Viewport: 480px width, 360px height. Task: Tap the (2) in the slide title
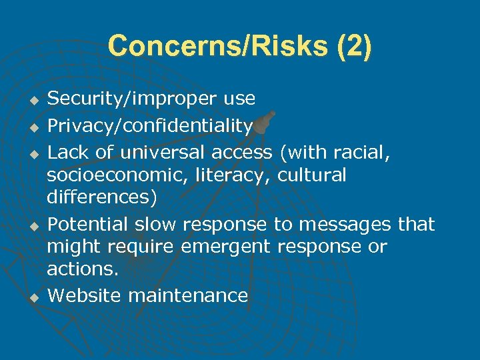355,47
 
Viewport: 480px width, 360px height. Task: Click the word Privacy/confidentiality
150,126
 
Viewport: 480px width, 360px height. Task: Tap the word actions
81,270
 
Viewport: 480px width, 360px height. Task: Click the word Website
85,295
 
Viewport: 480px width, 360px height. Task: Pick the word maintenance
188,295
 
